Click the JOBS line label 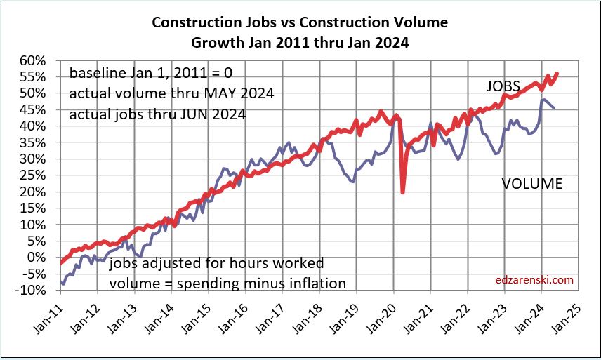pos(503,86)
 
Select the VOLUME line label pos(532,185)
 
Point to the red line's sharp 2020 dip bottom pos(402,193)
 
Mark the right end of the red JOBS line pos(557,73)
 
